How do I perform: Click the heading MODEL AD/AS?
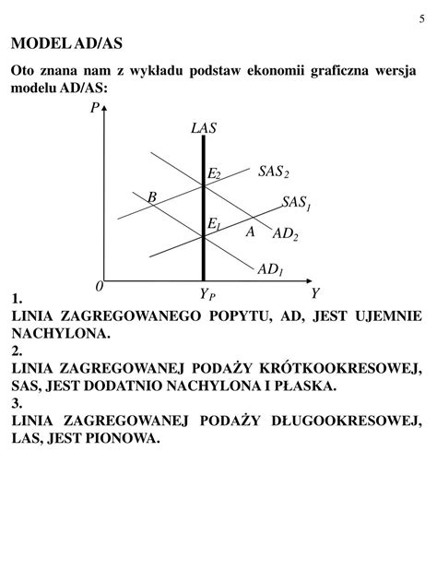[66, 44]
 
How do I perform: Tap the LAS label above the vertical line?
[204, 128]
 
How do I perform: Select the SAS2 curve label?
[273, 172]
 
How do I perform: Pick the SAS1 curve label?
[297, 203]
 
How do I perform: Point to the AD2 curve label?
[286, 235]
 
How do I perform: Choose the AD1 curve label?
[270, 269]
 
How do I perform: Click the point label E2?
[214, 174]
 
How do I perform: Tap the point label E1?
[214, 225]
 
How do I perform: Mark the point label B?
[151, 196]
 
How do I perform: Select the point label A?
[250, 232]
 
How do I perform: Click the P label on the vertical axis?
[94, 109]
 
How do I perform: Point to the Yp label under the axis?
[206, 294]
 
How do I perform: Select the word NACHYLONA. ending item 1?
[61, 333]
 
